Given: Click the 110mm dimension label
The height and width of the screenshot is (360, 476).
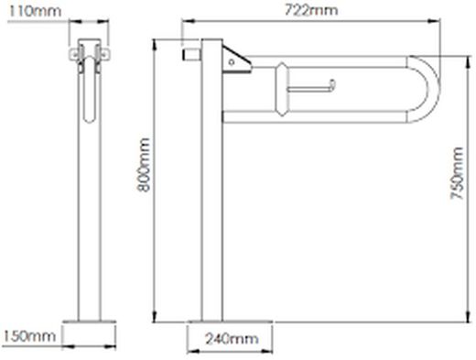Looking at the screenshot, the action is [x=35, y=11].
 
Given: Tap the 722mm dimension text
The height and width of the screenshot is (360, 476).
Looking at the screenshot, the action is [x=311, y=10].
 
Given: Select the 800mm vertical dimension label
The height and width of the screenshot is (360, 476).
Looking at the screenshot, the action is [x=143, y=165].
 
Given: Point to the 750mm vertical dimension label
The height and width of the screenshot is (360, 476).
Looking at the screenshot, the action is [x=457, y=173].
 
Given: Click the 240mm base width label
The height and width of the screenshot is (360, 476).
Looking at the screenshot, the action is [x=232, y=339].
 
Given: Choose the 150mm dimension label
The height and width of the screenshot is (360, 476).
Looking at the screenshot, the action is [x=29, y=336].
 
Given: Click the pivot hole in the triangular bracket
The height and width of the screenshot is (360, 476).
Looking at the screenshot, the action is [x=232, y=62].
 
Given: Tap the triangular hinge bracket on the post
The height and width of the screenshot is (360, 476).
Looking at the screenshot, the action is [x=236, y=60].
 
